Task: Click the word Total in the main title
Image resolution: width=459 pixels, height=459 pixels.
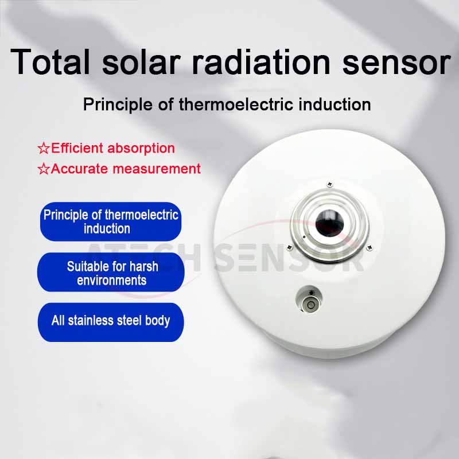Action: click(x=50, y=62)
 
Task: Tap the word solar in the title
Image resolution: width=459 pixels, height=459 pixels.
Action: click(x=141, y=62)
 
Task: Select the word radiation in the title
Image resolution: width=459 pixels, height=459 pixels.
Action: click(x=261, y=62)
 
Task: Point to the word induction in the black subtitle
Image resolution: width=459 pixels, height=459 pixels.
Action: click(x=334, y=104)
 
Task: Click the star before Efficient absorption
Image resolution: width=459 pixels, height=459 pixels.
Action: click(x=44, y=149)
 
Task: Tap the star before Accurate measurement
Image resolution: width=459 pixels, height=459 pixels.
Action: click(x=44, y=169)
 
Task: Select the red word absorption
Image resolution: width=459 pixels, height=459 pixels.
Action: click(x=141, y=149)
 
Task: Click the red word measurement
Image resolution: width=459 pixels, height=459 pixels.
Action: click(x=157, y=169)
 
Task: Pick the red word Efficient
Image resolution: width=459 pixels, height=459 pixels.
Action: click(x=77, y=148)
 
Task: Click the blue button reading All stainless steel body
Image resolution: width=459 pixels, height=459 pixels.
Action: click(x=111, y=322)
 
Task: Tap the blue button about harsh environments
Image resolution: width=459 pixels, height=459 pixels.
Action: click(x=111, y=272)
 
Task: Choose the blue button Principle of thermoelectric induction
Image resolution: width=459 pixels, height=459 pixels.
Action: click(x=111, y=221)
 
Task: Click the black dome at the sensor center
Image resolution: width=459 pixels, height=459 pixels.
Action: click(x=329, y=223)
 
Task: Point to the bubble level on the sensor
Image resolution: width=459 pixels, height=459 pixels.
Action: click(x=310, y=299)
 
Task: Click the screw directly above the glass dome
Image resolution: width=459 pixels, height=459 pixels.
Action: click(x=330, y=184)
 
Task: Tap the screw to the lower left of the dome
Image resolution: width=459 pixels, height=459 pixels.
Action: click(x=290, y=247)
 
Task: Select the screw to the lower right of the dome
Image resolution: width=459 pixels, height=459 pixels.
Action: click(x=369, y=248)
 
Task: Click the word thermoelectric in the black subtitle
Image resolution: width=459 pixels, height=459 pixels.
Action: click(x=236, y=104)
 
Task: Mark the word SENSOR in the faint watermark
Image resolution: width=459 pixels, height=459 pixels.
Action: click(x=290, y=258)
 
